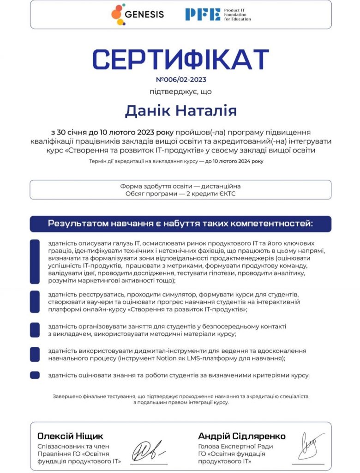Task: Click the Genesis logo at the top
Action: pos(138,14)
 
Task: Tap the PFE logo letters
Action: pos(203,14)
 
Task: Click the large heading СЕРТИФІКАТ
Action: pos(180,59)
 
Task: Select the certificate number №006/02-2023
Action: pos(181,79)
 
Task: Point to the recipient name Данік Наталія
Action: pos(181,111)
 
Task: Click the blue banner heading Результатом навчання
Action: pos(180,224)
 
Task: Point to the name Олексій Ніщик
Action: pos(70,436)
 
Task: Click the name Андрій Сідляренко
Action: pos(241,436)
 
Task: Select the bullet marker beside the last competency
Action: pos(35,375)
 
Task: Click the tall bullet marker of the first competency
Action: pos(35,261)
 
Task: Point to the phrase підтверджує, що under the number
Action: pos(181,91)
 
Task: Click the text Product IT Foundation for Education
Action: pos(237,14)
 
